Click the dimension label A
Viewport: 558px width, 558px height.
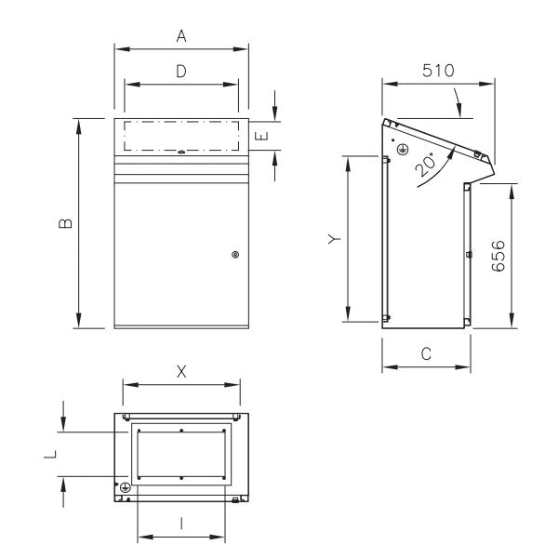click(x=182, y=36)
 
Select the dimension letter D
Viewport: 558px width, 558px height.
click(x=182, y=71)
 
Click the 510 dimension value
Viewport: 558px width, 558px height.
click(x=437, y=70)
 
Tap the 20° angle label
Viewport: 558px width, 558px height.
click(x=426, y=166)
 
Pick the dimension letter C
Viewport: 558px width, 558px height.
click(x=426, y=354)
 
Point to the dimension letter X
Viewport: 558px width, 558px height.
click(x=182, y=371)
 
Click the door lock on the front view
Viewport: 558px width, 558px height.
click(x=234, y=255)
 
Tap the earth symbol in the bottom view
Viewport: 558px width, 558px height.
click(x=125, y=486)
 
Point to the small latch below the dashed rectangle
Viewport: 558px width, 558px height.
click(x=181, y=153)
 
